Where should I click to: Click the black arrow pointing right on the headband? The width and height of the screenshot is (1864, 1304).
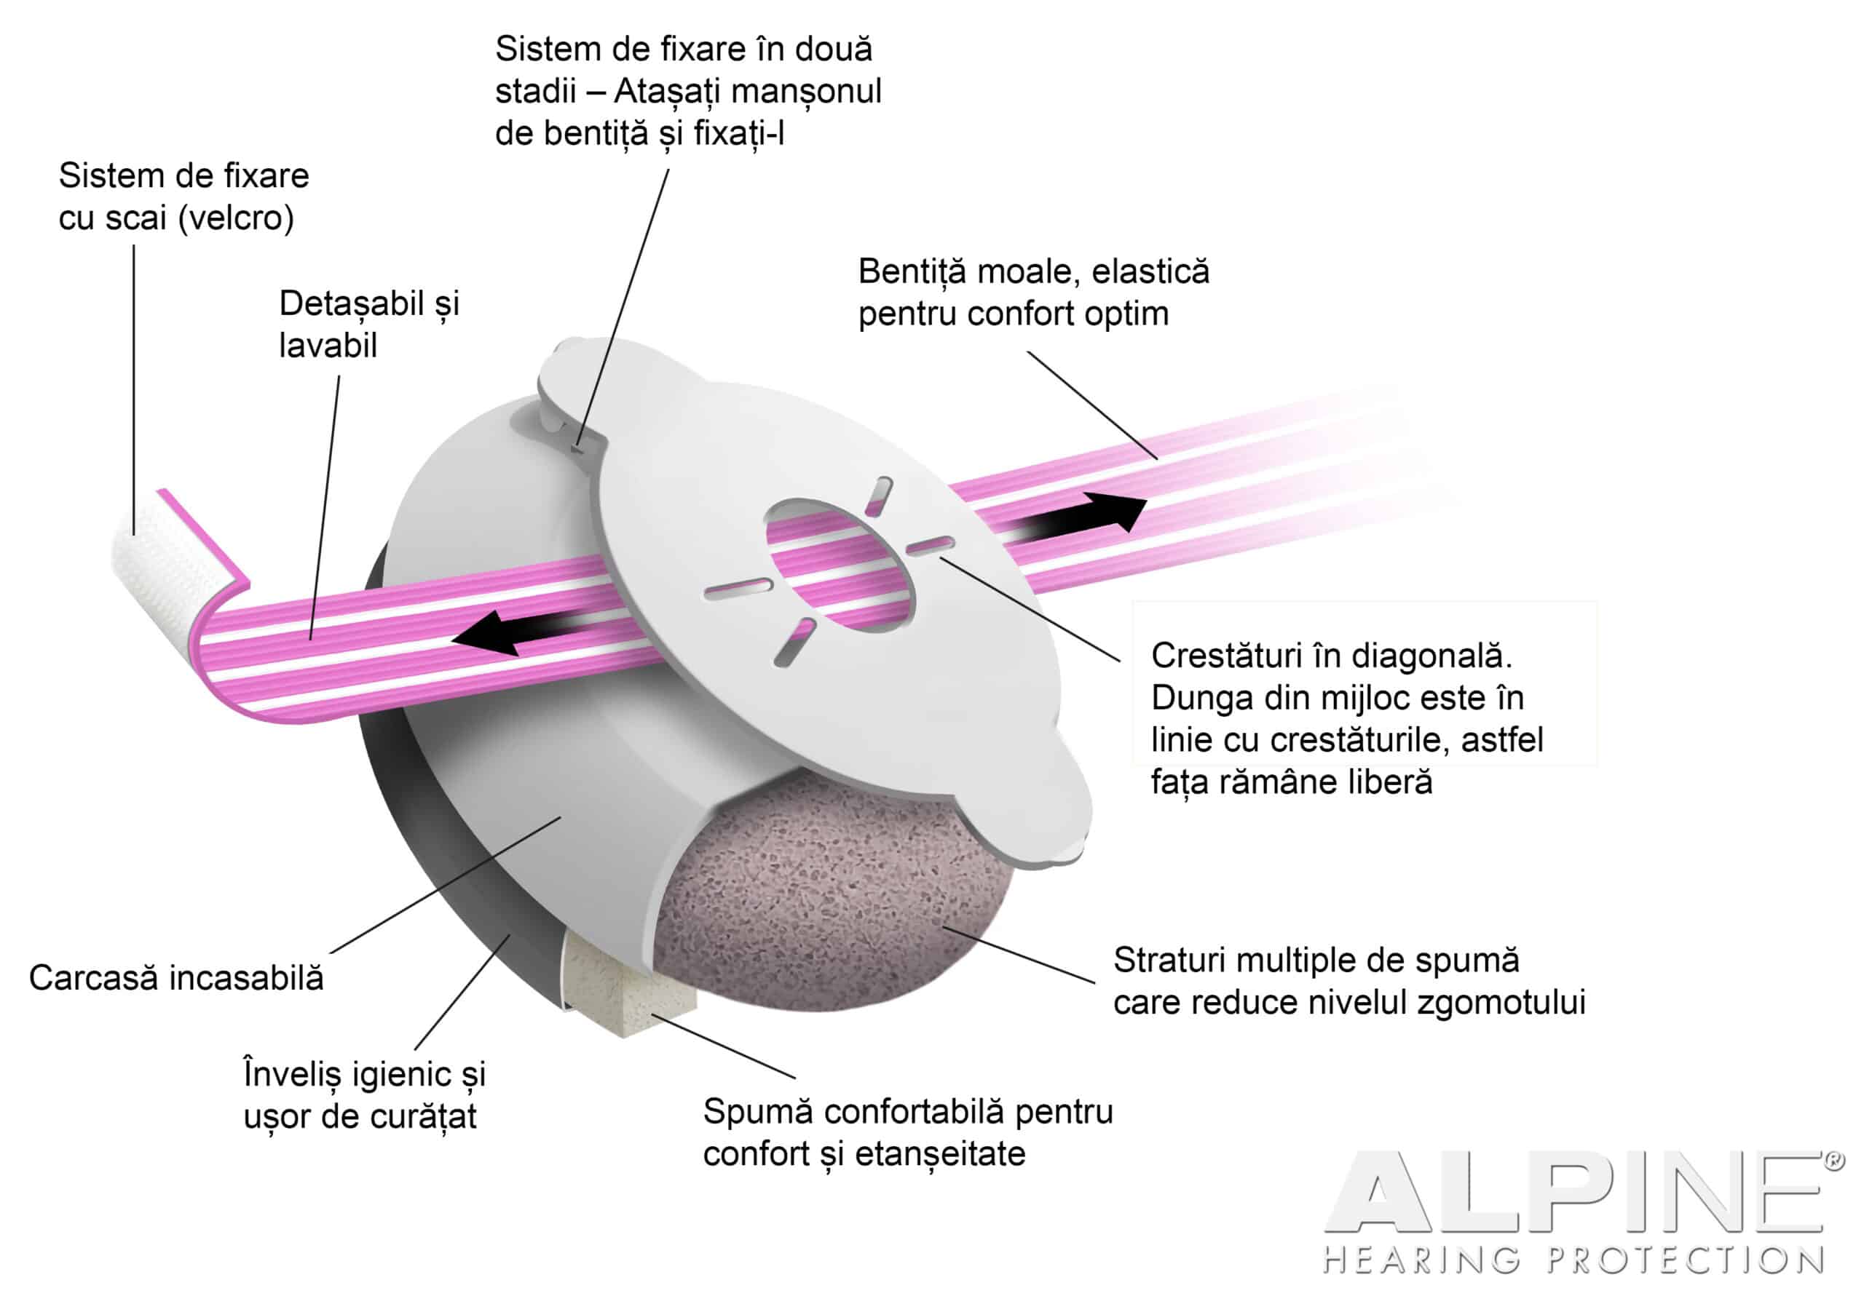pyautogui.click(x=1080, y=520)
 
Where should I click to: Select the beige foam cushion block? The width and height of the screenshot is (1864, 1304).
pyautogui.click(x=629, y=982)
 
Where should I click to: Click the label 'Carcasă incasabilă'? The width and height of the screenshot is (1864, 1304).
pyautogui.click(x=176, y=978)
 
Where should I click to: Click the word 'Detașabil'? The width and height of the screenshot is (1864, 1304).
pyautogui.click(x=352, y=305)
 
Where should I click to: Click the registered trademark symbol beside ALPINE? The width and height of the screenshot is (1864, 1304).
pyautogui.click(x=1834, y=1161)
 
